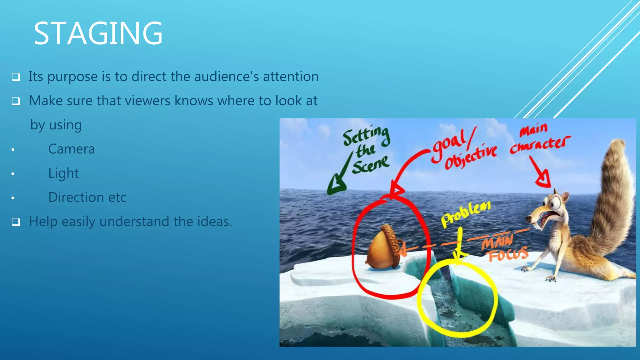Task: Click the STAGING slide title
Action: click(98, 33)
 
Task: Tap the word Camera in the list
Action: click(71, 149)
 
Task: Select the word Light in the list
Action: click(63, 173)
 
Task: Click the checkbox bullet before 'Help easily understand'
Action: click(16, 222)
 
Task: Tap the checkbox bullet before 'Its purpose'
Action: click(16, 77)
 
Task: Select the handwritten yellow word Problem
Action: click(466, 214)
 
